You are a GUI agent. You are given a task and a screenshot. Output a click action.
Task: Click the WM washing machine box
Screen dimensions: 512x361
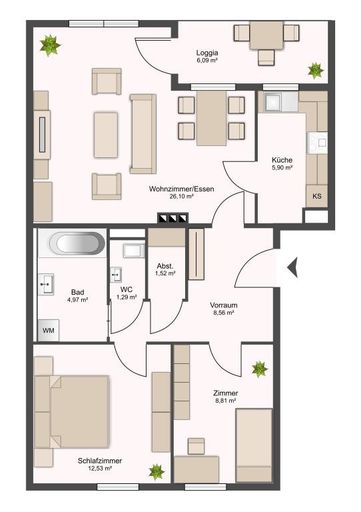pos(48,330)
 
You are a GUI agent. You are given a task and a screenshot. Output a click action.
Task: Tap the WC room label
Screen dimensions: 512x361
pos(125,286)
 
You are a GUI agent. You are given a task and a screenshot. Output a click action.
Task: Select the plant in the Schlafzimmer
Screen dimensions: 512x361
pos(156,471)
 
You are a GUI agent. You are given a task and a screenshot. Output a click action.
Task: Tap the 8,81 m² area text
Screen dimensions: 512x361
pos(225,404)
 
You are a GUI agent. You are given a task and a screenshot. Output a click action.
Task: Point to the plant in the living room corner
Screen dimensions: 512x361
pos(48,43)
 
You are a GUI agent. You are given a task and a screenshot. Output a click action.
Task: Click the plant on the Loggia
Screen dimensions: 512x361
pos(315,70)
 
